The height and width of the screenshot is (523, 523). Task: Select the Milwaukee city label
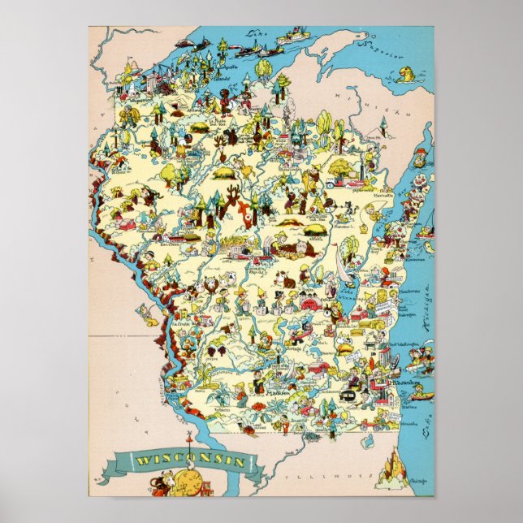[403, 381]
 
